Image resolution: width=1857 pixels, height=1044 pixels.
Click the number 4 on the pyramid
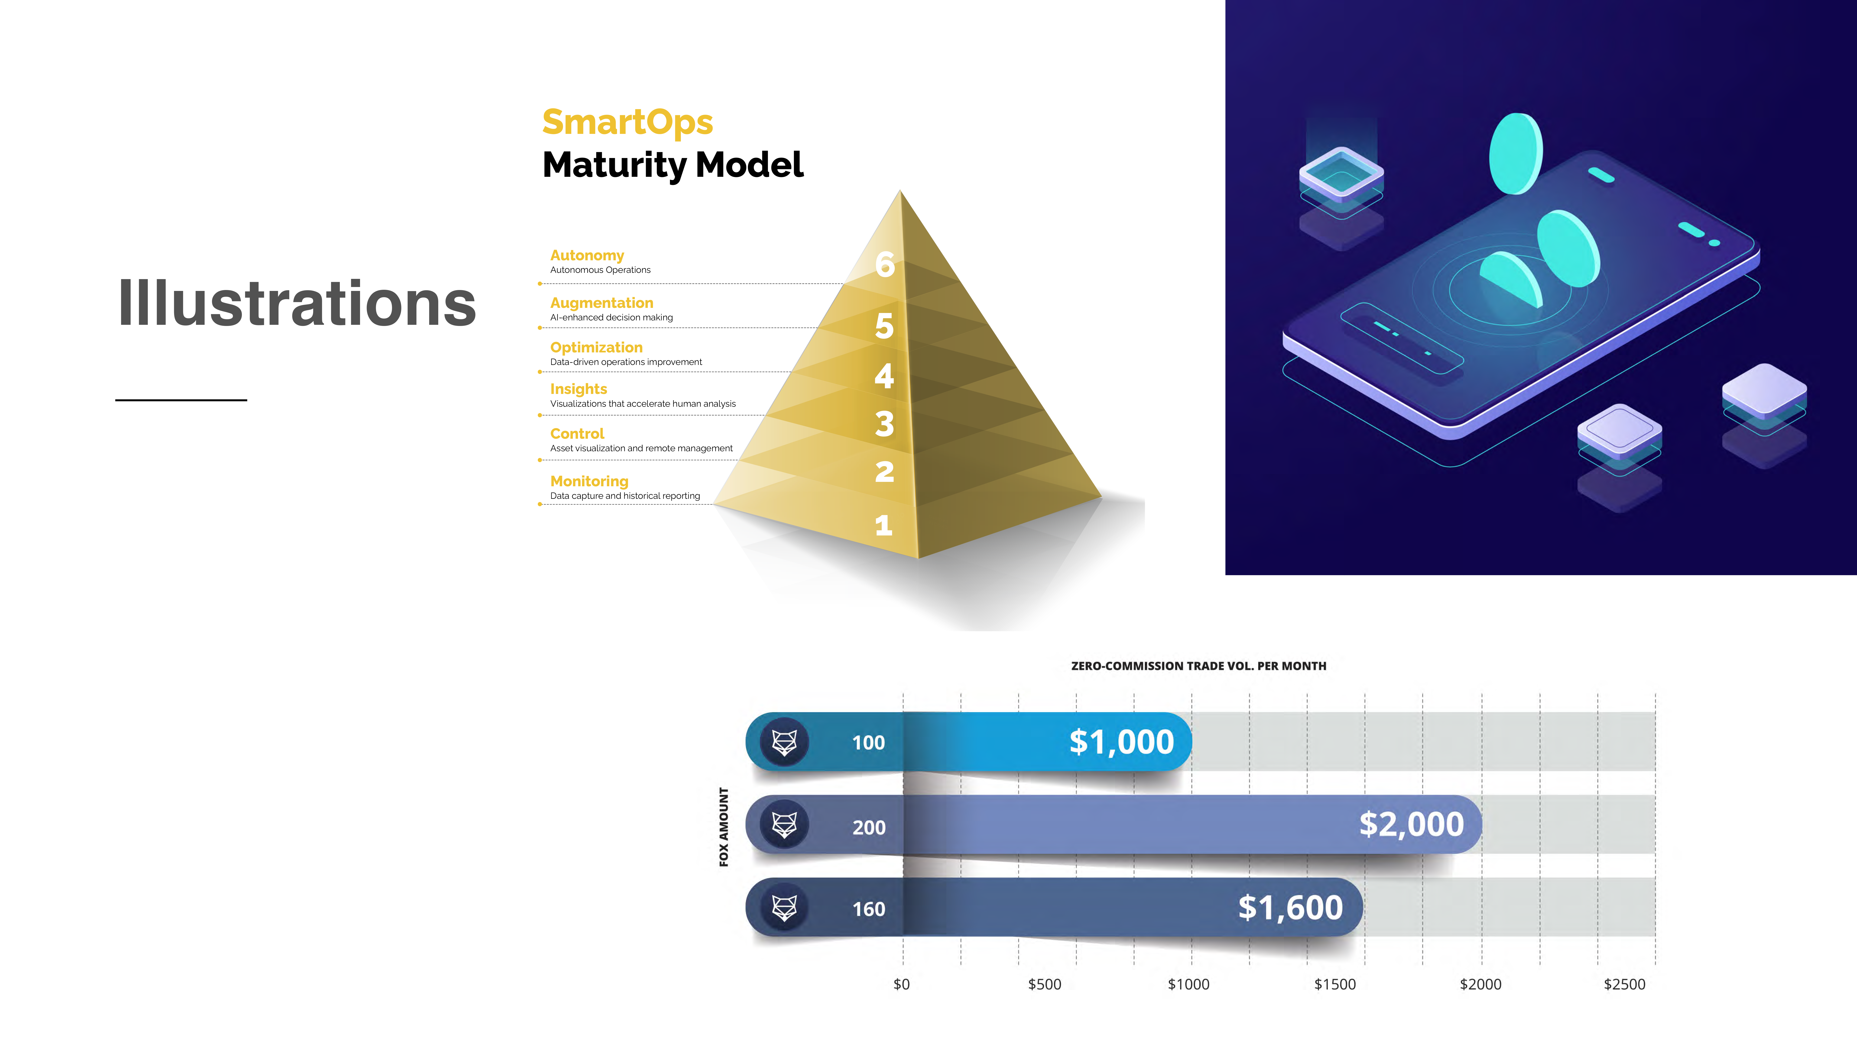tap(885, 375)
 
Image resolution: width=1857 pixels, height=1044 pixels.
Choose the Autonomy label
tap(587, 256)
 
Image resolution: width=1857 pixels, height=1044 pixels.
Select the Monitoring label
tap(589, 481)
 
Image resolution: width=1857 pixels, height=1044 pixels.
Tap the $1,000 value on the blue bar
tap(1122, 742)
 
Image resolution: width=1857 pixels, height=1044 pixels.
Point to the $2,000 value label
tap(1412, 824)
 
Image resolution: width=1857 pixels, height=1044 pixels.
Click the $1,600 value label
tap(1290, 907)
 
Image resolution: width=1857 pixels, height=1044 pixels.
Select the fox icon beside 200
tap(784, 824)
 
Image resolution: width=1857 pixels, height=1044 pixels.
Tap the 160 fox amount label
tap(869, 909)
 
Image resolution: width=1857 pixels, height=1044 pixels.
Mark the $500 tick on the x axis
tap(1045, 984)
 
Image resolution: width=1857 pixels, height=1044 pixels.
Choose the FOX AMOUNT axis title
tap(724, 827)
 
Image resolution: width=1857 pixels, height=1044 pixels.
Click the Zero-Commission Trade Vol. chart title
tap(1198, 666)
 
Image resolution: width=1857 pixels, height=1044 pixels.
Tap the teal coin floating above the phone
tap(1516, 153)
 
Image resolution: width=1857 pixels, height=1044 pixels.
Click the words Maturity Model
tap(673, 165)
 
